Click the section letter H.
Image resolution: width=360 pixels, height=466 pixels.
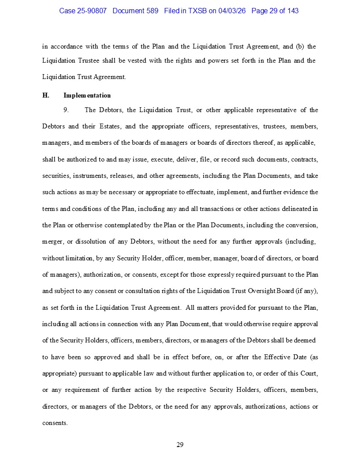[x=45, y=95]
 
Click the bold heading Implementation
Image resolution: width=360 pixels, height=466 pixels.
[x=87, y=95]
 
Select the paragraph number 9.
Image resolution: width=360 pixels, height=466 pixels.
[x=66, y=110]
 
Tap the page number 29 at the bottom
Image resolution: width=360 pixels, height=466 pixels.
[x=180, y=444]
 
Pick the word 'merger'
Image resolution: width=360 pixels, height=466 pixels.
[x=52, y=241]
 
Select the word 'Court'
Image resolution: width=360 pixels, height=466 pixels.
[x=307, y=373]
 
